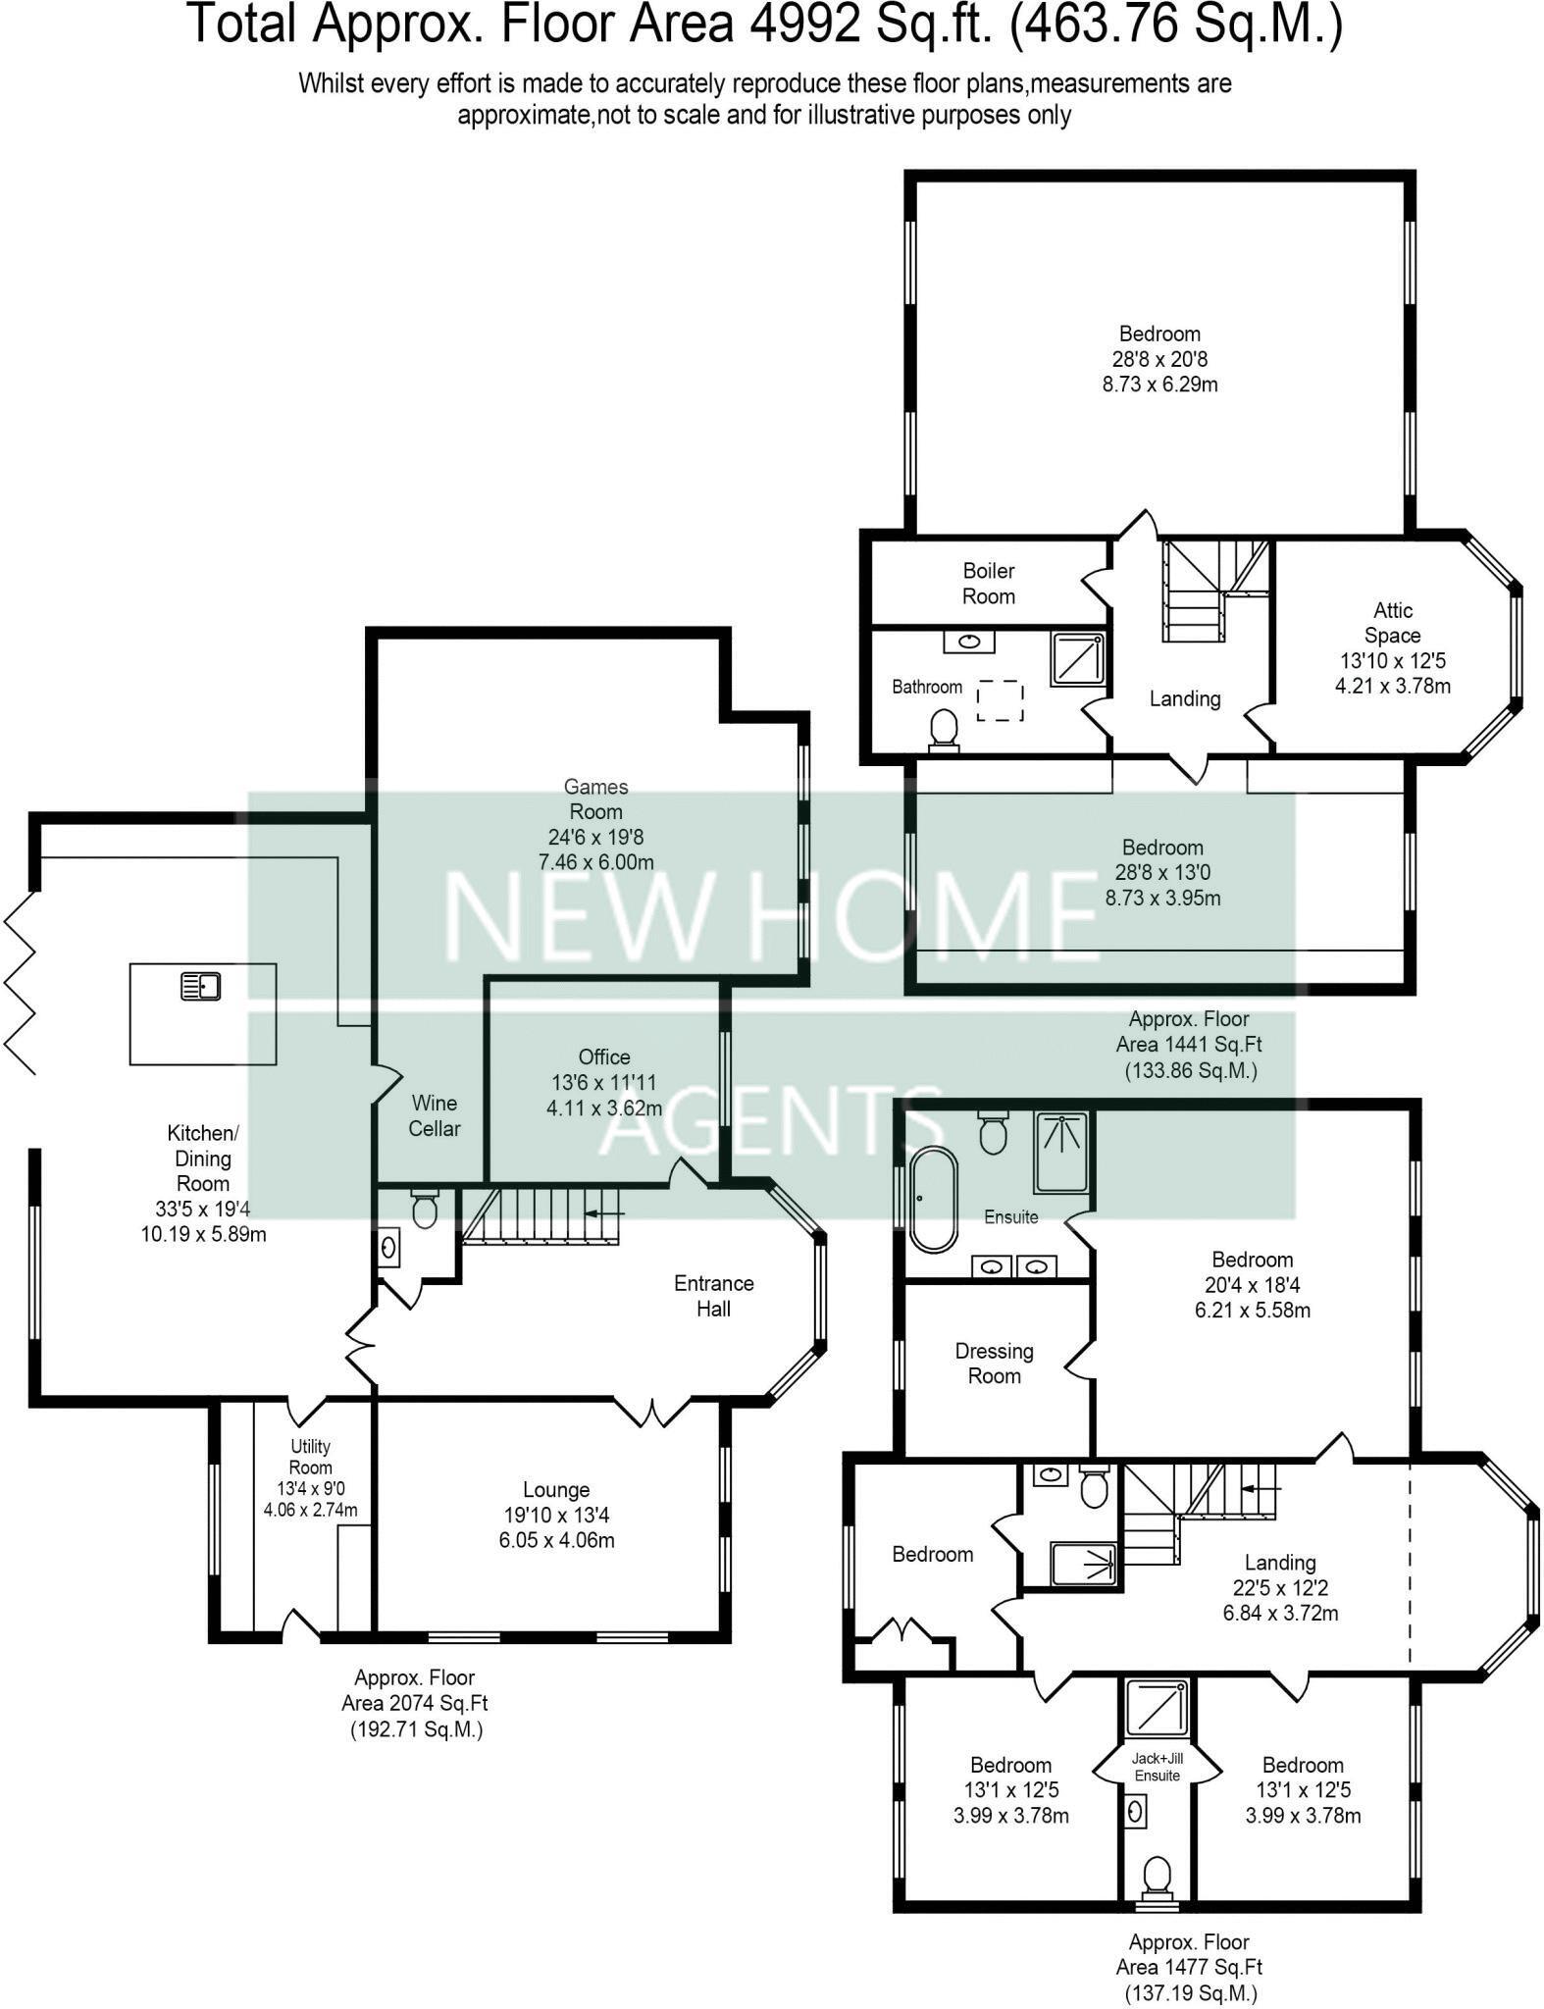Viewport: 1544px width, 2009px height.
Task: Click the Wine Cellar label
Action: (x=434, y=1115)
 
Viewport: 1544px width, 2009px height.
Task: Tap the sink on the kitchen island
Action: (x=202, y=985)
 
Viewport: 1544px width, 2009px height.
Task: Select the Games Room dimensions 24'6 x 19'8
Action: (x=595, y=837)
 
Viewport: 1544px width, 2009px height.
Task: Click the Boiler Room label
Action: (x=988, y=584)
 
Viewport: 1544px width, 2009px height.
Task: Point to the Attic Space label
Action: (x=1392, y=623)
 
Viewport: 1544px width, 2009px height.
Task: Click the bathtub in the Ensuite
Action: (x=933, y=1199)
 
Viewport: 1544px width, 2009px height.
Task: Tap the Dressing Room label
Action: (x=994, y=1364)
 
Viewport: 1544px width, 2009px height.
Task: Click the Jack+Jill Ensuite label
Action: (x=1157, y=1768)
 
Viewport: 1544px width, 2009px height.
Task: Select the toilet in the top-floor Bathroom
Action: (x=944, y=730)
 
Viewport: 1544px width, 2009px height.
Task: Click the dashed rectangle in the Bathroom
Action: (x=1000, y=700)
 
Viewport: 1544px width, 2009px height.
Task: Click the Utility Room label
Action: (x=310, y=1457)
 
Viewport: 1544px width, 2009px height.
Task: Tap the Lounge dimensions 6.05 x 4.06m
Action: (x=556, y=1540)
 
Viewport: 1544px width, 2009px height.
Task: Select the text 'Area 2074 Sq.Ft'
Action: (x=415, y=1703)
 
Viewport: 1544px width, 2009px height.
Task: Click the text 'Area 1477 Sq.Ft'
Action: (x=1189, y=1967)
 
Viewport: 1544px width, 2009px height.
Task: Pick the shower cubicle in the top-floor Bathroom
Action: (x=1078, y=659)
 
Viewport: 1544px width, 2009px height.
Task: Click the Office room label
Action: (x=603, y=1056)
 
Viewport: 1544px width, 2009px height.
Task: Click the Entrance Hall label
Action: (x=713, y=1296)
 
